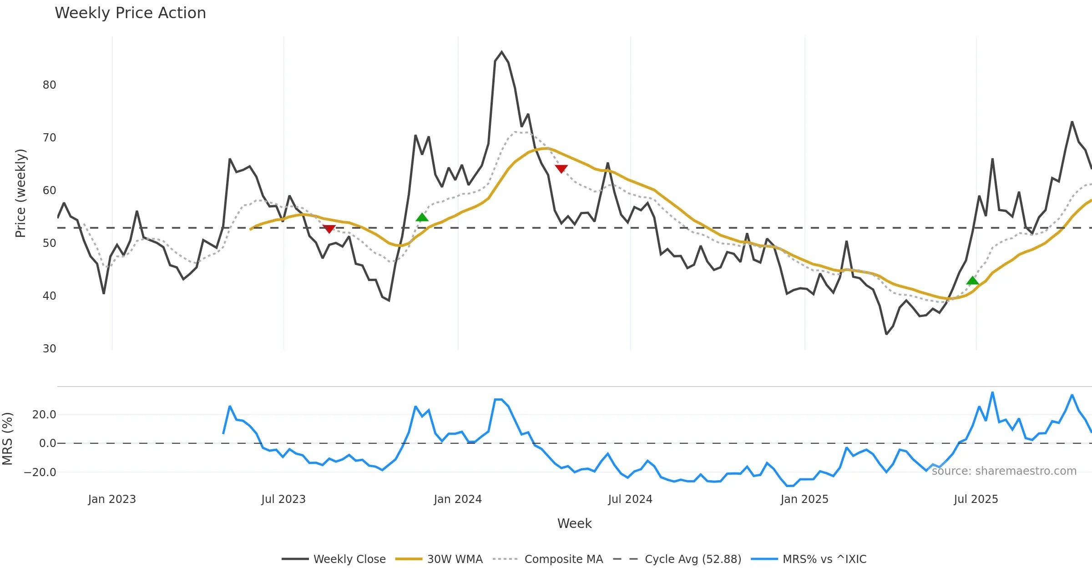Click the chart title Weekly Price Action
[x=130, y=13]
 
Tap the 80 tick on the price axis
[x=49, y=85]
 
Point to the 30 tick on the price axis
[x=49, y=349]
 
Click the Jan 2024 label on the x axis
[x=458, y=499]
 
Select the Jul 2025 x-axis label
[x=976, y=499]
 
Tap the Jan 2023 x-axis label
[x=112, y=499]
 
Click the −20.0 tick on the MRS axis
[x=40, y=472]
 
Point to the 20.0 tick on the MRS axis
[x=44, y=415]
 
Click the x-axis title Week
[x=574, y=524]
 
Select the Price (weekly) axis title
[x=21, y=193]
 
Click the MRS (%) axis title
[x=7, y=439]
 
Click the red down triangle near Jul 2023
[x=329, y=229]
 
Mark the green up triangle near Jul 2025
[x=972, y=281]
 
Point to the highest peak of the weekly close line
[x=502, y=52]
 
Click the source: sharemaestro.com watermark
[x=1004, y=471]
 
